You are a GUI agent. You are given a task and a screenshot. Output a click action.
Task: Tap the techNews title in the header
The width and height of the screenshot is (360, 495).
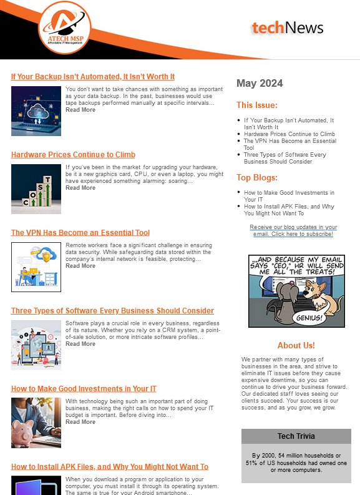coord(288,27)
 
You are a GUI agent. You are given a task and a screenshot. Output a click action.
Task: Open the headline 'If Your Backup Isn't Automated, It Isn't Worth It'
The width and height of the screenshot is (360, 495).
coord(93,77)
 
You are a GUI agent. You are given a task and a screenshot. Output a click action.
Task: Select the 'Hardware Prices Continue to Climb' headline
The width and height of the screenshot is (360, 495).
coord(73,155)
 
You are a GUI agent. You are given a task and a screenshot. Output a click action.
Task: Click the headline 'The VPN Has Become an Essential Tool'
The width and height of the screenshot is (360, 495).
coord(80,233)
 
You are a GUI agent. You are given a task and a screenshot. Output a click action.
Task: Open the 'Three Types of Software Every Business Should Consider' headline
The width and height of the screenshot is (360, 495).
coord(112,311)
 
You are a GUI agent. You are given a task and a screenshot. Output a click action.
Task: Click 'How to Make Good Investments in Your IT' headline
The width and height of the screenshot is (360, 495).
coord(84,389)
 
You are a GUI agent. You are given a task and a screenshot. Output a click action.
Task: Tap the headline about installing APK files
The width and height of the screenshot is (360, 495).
coord(110,467)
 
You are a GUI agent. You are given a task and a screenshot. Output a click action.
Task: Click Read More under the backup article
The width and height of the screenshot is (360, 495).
coord(80,110)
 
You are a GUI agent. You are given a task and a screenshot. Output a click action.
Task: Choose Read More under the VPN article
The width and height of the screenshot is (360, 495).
coord(80,266)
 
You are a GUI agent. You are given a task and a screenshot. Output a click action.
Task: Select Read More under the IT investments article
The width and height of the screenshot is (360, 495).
coord(80,422)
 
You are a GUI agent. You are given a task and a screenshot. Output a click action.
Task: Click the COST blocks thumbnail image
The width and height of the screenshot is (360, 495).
coord(36,189)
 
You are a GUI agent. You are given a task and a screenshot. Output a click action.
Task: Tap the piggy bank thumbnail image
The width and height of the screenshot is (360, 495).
coord(36,423)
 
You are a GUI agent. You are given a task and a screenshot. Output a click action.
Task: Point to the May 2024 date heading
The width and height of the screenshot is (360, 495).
coord(260,84)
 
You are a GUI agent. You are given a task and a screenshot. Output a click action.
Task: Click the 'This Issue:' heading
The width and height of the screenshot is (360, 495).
coord(257,105)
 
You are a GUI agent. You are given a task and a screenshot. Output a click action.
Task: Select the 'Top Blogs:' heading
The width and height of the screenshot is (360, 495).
coord(256,178)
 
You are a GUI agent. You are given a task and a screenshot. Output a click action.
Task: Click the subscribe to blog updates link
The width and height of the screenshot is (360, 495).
coord(293,230)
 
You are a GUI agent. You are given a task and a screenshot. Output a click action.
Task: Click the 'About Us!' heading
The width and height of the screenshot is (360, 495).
coord(296,345)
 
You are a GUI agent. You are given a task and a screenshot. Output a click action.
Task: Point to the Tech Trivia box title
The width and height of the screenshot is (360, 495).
coord(296,436)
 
